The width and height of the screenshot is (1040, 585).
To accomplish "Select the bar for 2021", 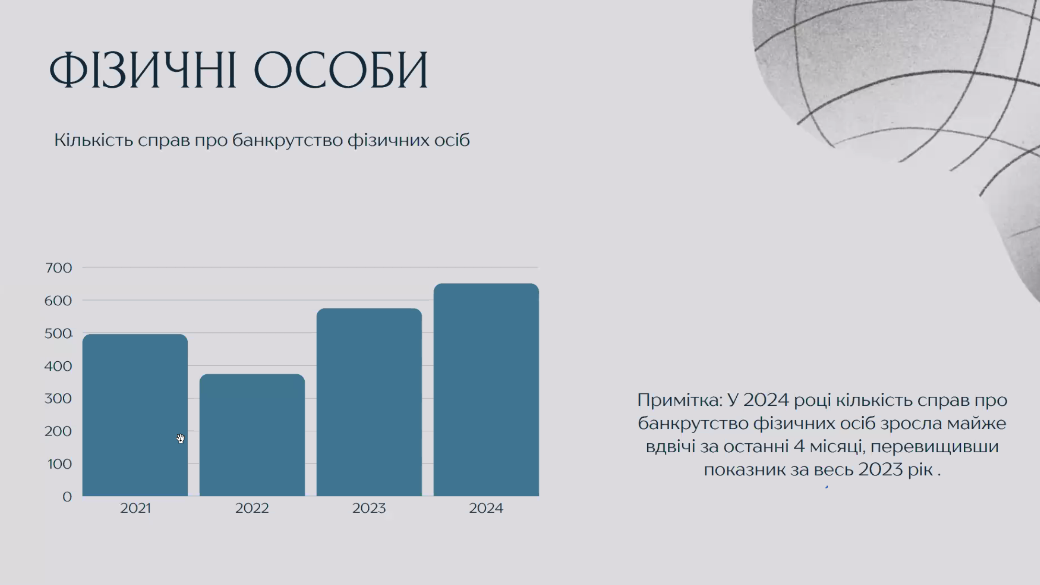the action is (135, 415).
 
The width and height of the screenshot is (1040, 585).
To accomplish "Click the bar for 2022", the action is (252, 435).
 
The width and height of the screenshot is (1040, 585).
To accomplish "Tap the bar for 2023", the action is (369, 402).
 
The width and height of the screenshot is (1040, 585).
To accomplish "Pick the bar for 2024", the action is (486, 390).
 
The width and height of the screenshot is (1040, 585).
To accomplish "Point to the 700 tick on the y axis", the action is (58, 268).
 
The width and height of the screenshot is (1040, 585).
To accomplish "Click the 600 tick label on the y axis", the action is (58, 300).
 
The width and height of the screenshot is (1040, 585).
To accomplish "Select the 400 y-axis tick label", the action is (58, 366).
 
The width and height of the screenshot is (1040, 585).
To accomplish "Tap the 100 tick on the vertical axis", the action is (59, 464).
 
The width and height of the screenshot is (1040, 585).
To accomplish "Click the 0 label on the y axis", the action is (67, 497).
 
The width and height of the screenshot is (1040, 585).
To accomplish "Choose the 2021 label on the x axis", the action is (136, 508).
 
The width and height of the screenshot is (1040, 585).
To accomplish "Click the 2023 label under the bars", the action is (369, 508).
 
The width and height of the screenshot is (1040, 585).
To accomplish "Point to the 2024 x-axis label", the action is (486, 508).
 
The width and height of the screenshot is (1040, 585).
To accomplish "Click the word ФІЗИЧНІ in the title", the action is (143, 70).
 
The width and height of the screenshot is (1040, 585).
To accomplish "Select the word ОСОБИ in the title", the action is (341, 70).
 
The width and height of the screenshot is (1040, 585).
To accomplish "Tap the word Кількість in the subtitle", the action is (93, 140).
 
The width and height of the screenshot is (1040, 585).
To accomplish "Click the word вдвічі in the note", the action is (670, 447).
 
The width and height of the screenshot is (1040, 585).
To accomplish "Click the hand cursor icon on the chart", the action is (180, 439).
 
